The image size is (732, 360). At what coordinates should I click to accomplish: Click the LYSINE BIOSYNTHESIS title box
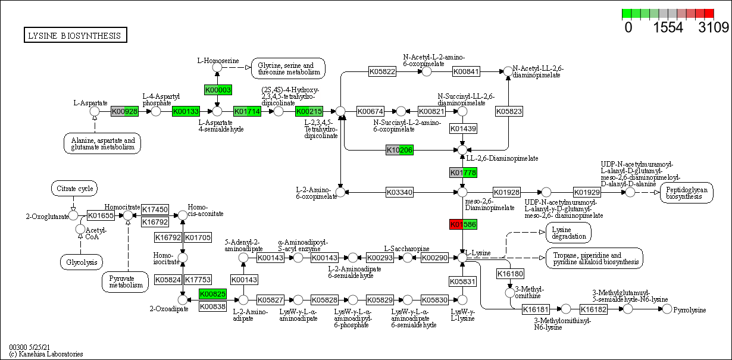click(x=75, y=36)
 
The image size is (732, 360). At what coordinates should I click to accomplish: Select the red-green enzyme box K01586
click(x=463, y=224)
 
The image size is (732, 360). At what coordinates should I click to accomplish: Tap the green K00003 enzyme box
click(x=218, y=90)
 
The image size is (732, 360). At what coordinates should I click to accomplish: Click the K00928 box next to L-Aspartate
click(x=125, y=111)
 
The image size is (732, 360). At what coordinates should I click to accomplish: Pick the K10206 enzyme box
click(x=399, y=150)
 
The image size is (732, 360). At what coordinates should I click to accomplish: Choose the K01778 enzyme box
click(x=463, y=173)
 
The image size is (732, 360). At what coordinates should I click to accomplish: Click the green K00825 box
click(x=212, y=294)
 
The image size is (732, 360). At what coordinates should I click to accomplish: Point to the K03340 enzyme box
click(x=399, y=192)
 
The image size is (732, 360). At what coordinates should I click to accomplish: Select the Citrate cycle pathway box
click(x=74, y=189)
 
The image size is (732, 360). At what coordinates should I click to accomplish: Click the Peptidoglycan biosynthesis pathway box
click(x=686, y=192)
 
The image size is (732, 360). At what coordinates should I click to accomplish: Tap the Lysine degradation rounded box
click(x=568, y=232)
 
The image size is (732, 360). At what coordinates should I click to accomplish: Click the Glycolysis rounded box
click(x=82, y=262)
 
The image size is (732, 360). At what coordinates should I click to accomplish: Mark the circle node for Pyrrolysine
click(x=667, y=309)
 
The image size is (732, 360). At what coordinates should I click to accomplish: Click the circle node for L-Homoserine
click(x=218, y=68)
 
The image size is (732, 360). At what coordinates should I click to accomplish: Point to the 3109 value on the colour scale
click(x=714, y=27)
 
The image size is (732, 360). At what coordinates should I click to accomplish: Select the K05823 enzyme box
click(x=508, y=111)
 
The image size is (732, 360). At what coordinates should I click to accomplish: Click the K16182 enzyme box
click(x=593, y=309)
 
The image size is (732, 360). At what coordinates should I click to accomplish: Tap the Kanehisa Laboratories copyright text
click(x=46, y=354)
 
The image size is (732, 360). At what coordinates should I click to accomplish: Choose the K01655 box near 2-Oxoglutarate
click(x=101, y=215)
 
